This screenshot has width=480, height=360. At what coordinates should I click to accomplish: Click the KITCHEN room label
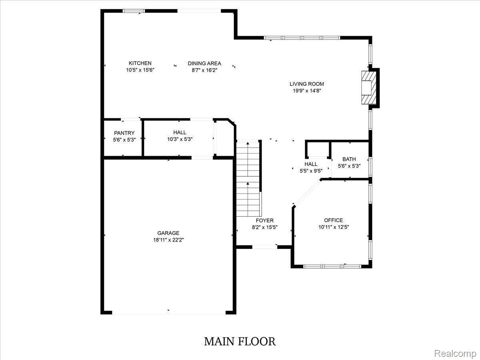coord(140,63)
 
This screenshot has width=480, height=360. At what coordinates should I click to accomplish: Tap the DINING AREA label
coord(204,63)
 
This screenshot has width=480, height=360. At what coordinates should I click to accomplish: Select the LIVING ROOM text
coord(307,84)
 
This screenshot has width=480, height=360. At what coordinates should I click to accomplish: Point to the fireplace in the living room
coord(369,88)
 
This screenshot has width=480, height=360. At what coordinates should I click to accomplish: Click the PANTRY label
coord(124,133)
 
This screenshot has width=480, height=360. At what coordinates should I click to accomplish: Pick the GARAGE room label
coord(168,233)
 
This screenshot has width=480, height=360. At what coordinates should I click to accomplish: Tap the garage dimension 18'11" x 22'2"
coord(168,240)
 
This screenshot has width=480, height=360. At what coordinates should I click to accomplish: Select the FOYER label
coord(265,220)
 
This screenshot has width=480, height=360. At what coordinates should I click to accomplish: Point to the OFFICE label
coord(334,220)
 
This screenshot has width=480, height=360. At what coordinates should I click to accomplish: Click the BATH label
coord(349,159)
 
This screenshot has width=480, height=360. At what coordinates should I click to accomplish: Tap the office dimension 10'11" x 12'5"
coord(334,227)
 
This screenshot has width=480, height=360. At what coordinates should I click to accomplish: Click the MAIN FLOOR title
coord(240,342)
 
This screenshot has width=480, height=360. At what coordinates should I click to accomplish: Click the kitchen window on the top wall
coord(133,11)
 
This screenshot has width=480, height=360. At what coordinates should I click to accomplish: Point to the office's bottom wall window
coord(332,266)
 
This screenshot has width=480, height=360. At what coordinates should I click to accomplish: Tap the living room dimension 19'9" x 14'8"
coord(307,90)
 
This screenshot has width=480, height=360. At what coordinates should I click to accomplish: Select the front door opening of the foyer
coord(265,247)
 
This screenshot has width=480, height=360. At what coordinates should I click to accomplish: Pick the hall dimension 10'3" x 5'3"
coord(180,139)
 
